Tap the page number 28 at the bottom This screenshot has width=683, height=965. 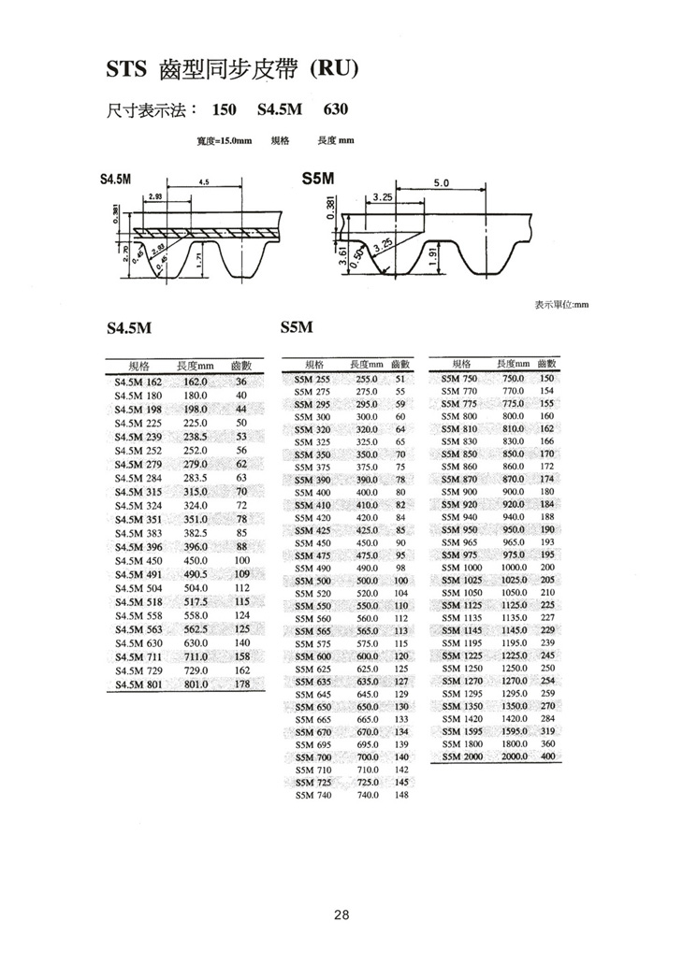341,915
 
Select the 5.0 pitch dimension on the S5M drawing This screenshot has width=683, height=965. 441,181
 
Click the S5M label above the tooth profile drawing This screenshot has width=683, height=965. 318,178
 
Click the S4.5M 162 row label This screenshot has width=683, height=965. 138,382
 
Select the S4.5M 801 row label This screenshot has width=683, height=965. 138,684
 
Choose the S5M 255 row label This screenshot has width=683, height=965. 312,380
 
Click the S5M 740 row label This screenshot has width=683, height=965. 312,795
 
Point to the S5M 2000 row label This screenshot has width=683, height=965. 462,756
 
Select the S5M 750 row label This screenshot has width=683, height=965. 459,379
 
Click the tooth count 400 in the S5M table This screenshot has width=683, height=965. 548,756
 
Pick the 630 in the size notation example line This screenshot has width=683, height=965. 335,109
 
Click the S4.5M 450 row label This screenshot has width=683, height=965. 138,561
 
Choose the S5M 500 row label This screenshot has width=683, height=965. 312,581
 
